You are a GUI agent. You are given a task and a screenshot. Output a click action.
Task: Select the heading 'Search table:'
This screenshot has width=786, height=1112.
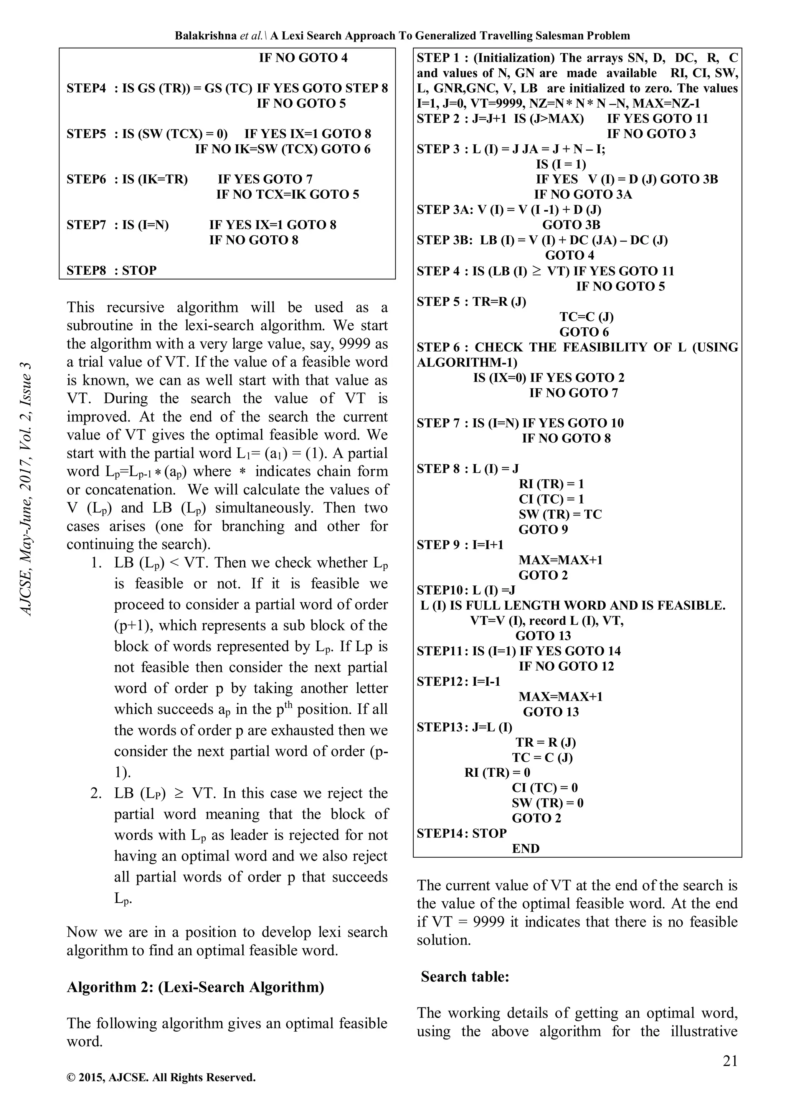[465, 976]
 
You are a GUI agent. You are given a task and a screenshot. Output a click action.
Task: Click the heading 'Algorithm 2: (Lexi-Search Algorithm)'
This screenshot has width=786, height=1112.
[195, 986]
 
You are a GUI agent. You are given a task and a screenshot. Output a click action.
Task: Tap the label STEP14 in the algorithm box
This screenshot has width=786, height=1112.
[438, 834]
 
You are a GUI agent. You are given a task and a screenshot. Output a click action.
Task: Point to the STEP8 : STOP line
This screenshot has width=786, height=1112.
[111, 270]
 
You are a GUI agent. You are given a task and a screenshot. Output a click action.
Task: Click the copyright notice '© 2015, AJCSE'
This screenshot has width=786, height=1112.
[161, 1091]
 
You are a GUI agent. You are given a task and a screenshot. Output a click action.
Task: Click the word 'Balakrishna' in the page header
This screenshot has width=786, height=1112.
[206, 35]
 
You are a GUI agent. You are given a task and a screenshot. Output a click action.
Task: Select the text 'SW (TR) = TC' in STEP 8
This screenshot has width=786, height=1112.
[560, 514]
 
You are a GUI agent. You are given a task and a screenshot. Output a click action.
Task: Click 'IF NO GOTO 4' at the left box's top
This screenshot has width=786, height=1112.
[303, 58]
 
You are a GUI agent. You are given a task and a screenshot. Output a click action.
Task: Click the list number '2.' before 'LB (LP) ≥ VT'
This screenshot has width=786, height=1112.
[96, 793]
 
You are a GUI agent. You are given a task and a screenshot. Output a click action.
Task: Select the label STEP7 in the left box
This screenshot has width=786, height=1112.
[86, 225]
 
